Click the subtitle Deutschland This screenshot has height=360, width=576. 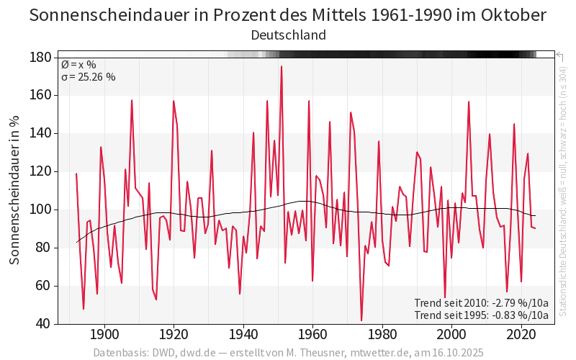pyautogui.click(x=288, y=35)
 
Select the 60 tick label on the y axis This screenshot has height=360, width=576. pyautogui.click(x=44, y=286)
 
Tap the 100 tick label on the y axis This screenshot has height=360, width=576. pyautogui.click(x=40, y=210)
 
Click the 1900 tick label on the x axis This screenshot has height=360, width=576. pyautogui.click(x=104, y=335)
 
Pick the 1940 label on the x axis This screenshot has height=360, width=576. pyautogui.click(x=243, y=335)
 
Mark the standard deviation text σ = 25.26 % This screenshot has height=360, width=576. pyautogui.click(x=89, y=78)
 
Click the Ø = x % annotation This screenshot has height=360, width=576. pyautogui.click(x=78, y=65)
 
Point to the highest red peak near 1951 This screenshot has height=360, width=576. pyautogui.click(x=282, y=66)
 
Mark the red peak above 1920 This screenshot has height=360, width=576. pyautogui.click(x=174, y=102)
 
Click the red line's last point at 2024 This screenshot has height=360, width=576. pyautogui.click(x=535, y=228)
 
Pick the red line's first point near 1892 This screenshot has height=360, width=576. pyautogui.click(x=76, y=174)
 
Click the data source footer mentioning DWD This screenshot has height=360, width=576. pyautogui.click(x=288, y=353)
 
